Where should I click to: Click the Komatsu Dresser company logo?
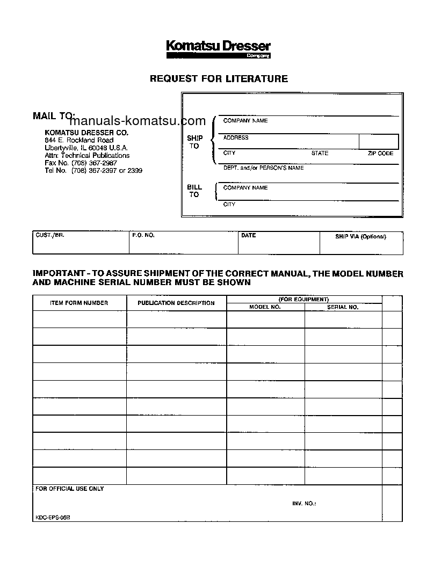point(218,49)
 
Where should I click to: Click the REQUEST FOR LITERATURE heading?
point(218,79)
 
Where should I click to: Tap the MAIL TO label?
point(54,115)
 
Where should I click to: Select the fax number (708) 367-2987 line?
point(81,163)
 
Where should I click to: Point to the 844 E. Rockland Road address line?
point(79,140)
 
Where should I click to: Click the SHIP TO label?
point(194,142)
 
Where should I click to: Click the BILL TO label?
point(194,191)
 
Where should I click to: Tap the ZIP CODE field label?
point(380,154)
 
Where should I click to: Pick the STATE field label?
point(320,154)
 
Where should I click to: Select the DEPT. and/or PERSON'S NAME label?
point(263,168)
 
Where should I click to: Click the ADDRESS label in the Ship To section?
point(236,137)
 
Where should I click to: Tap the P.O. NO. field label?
point(143,236)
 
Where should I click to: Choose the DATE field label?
point(249,236)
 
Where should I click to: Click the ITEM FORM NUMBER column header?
point(79,303)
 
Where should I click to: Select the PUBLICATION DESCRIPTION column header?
point(176,303)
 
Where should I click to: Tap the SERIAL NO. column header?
point(343,307)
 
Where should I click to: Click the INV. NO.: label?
point(304,504)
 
